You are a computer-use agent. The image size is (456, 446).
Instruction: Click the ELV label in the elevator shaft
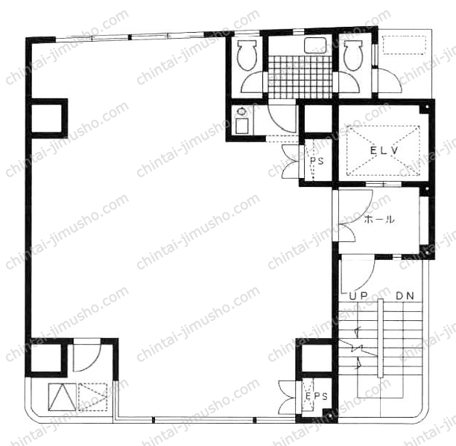click(384, 150)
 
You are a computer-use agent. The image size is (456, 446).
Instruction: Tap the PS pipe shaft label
click(317, 161)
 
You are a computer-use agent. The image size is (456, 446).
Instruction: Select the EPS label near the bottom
click(317, 396)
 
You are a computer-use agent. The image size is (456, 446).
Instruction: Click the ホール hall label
click(379, 219)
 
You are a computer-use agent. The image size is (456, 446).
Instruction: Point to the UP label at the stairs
click(358, 296)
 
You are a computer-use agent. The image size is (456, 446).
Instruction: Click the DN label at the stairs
click(405, 296)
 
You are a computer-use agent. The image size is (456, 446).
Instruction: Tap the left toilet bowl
click(247, 55)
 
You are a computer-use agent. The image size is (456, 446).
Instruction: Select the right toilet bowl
click(353, 55)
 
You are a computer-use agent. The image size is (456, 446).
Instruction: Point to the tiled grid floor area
click(300, 77)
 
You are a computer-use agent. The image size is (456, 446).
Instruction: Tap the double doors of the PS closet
click(291, 162)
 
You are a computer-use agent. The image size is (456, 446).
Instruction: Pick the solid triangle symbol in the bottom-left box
click(62, 397)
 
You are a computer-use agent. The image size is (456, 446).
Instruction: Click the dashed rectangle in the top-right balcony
click(404, 45)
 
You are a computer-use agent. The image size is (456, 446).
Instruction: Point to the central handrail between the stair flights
click(380, 338)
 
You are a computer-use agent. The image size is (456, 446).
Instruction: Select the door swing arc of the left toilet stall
click(253, 83)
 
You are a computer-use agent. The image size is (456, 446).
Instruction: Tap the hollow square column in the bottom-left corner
click(46, 357)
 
